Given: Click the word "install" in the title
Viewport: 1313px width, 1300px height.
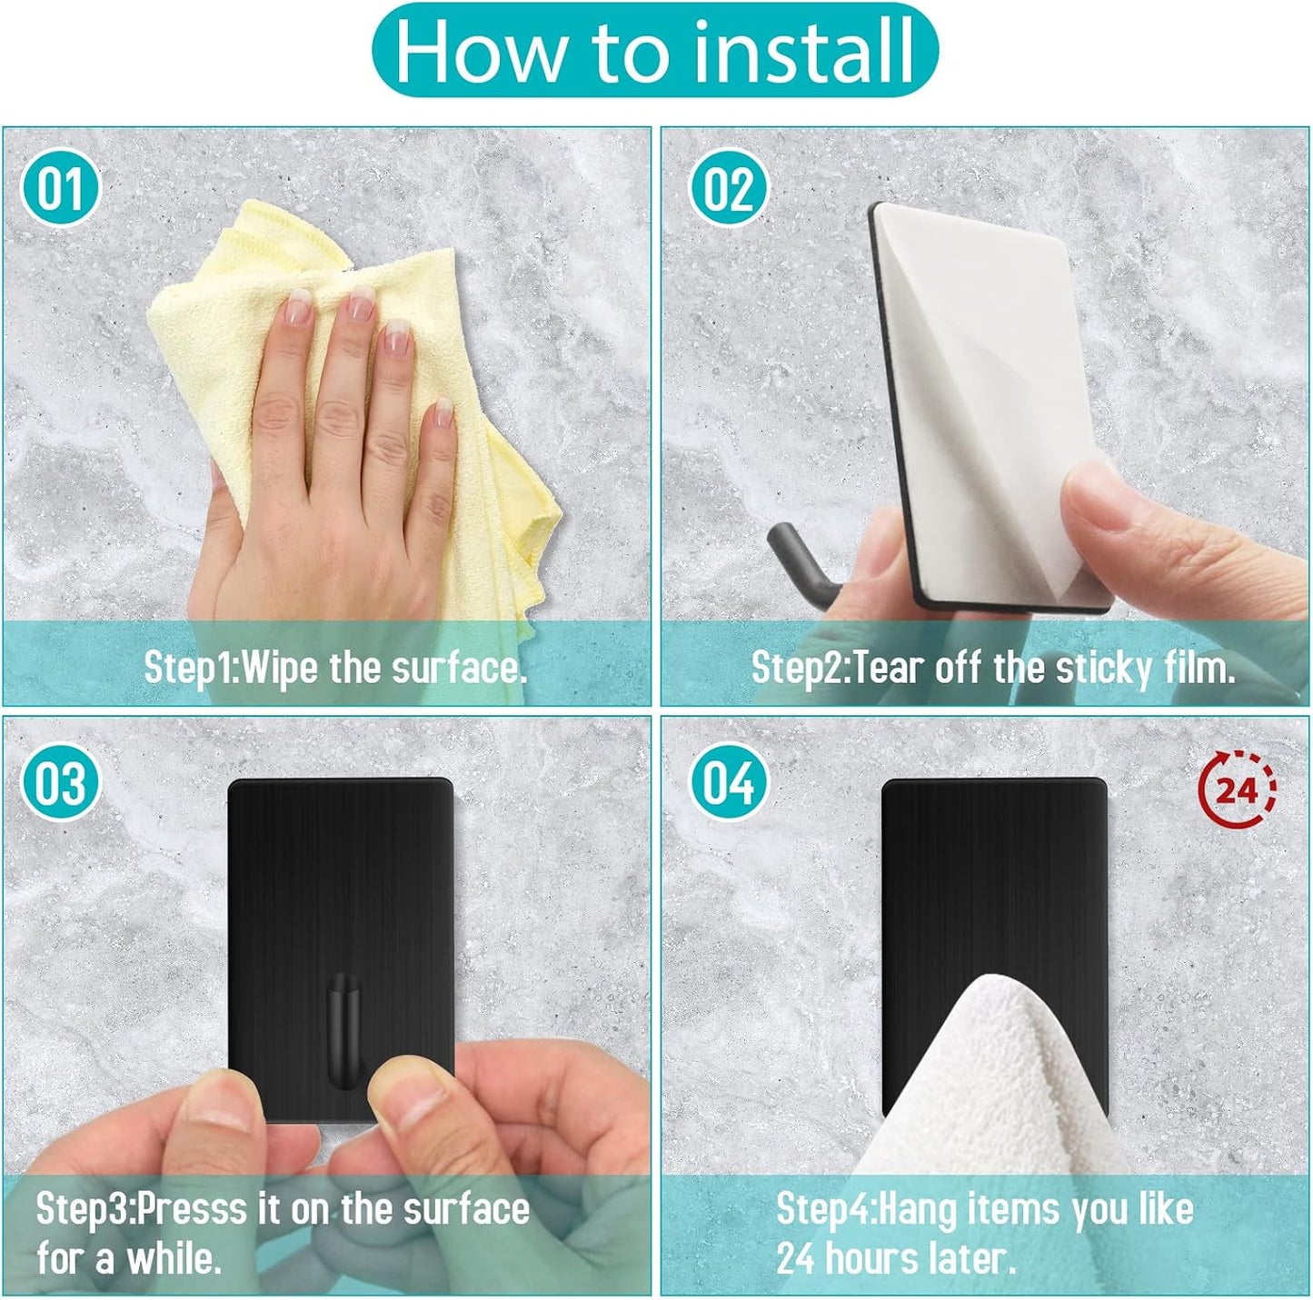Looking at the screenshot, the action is tap(803, 51).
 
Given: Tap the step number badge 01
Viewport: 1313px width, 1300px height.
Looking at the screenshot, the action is tap(61, 188).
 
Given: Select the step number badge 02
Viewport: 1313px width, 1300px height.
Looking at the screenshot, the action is tap(729, 188).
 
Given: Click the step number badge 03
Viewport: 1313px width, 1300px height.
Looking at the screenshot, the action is tap(61, 781).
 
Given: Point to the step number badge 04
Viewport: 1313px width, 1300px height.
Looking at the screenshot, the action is tap(729, 781).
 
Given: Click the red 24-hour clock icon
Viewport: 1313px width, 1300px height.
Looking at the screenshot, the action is tap(1238, 789).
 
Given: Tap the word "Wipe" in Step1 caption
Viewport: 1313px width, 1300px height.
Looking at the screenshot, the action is tap(279, 668).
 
